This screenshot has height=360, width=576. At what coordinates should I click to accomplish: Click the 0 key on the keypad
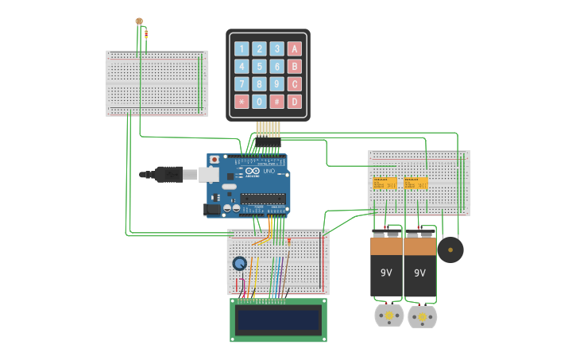click(259, 102)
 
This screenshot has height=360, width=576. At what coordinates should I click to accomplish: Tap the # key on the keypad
click(276, 102)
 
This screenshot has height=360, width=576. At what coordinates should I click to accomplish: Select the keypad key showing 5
click(259, 67)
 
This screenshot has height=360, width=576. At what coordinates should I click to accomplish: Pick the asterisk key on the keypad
click(242, 102)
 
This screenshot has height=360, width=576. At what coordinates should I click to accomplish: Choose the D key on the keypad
click(295, 102)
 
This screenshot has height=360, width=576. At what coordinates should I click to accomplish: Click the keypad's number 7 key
click(242, 84)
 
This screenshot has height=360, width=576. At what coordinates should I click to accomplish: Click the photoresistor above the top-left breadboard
click(139, 21)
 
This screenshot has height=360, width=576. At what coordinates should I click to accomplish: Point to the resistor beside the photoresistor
click(146, 33)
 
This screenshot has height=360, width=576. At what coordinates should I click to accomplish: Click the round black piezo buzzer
click(450, 250)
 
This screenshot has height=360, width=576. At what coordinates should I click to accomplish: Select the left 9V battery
click(386, 266)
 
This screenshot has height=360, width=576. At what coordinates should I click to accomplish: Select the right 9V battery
click(420, 266)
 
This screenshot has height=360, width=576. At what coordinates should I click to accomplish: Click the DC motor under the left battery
click(389, 315)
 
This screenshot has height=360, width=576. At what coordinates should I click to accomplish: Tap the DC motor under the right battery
click(423, 317)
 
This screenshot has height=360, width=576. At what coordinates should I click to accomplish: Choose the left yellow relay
click(385, 184)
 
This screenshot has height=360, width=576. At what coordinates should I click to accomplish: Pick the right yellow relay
click(416, 184)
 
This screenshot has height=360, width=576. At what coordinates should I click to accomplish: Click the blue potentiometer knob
click(239, 263)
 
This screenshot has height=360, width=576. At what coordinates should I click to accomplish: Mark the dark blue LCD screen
click(278, 319)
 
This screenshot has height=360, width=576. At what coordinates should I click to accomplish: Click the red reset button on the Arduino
click(215, 160)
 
